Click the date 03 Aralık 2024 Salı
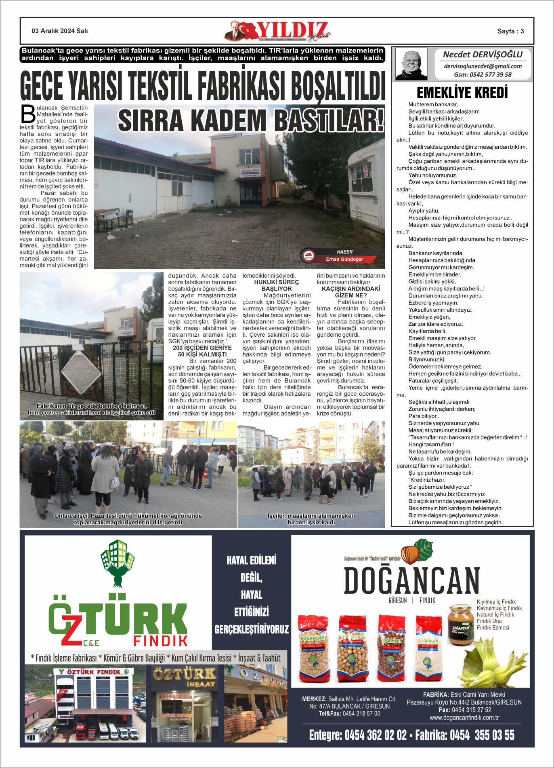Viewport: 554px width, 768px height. (x=60, y=31)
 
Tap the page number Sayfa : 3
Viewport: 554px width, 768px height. (x=510, y=31)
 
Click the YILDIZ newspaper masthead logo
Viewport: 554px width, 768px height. (x=279, y=31)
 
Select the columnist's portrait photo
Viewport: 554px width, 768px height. (x=411, y=64)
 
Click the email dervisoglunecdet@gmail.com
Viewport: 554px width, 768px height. (x=483, y=66)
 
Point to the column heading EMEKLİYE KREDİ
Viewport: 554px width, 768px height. (x=462, y=93)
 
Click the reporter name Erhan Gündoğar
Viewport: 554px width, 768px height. (x=344, y=259)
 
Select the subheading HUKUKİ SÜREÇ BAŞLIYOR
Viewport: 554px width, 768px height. (x=277, y=285)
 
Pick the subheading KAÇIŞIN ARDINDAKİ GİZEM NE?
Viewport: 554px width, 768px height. (x=351, y=292)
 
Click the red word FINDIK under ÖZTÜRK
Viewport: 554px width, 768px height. (x=160, y=641)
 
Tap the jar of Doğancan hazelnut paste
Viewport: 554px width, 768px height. (x=460, y=624)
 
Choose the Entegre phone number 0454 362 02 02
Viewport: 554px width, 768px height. (x=375, y=735)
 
